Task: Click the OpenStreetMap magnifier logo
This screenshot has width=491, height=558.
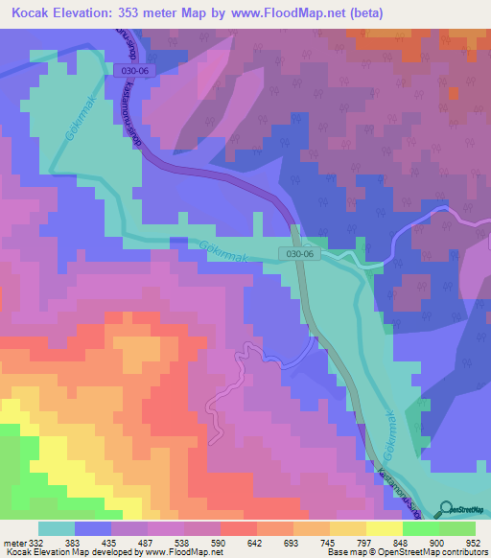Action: coord(447,509)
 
